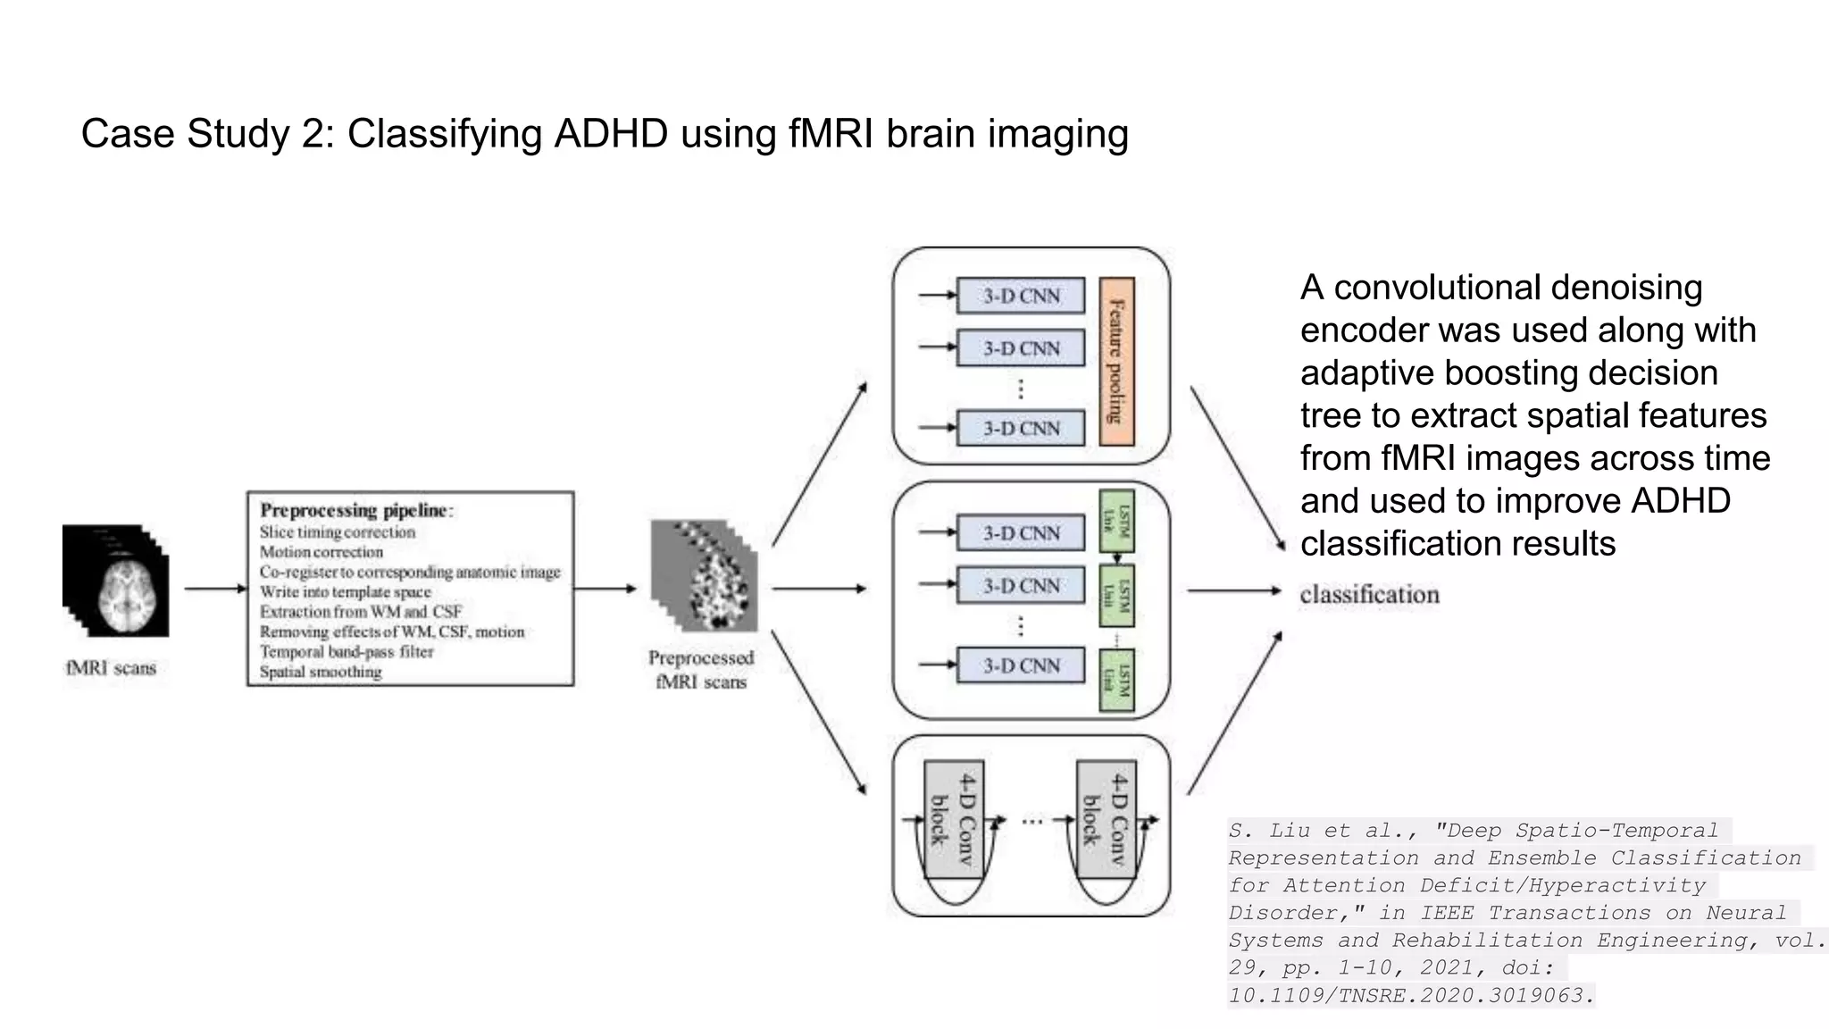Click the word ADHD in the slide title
point(610,134)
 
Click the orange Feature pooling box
point(1116,361)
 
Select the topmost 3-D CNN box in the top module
point(1021,296)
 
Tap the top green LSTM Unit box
point(1116,520)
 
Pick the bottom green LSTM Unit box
point(1116,680)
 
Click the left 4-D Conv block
point(954,820)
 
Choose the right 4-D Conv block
point(1106,820)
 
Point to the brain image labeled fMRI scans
point(116,581)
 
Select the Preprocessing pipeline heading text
point(356,510)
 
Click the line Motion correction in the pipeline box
point(321,552)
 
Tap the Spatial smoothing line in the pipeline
point(320,672)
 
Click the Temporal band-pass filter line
point(346,652)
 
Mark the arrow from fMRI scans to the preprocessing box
point(215,589)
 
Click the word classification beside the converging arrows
point(1369,595)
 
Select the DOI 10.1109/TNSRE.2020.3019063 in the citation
point(1410,995)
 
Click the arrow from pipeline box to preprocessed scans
point(605,589)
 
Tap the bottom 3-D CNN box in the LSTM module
point(1021,665)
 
